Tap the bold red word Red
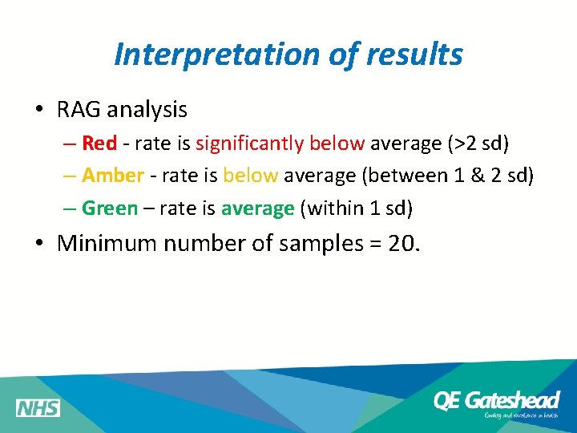click(99, 144)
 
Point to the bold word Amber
click(113, 176)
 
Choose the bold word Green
click(110, 208)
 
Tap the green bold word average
click(257, 208)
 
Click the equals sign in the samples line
click(373, 244)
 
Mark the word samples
click(320, 244)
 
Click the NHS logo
click(38, 408)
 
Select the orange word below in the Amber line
click(250, 176)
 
